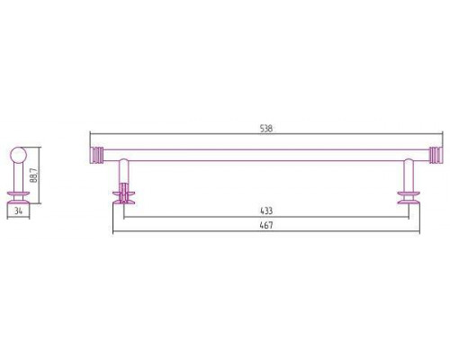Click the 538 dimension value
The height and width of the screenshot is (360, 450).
click(266, 129)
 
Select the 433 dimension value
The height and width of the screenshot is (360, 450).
click(266, 211)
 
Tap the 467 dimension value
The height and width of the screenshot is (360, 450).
click(266, 225)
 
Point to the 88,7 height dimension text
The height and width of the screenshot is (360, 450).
click(34, 175)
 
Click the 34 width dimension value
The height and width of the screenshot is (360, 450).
click(19, 211)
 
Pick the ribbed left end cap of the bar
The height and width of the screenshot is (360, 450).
click(97, 155)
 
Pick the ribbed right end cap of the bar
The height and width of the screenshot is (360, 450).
click(436, 155)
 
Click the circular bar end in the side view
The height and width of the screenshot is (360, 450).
click(19, 156)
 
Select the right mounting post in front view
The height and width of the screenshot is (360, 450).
click(409, 175)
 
